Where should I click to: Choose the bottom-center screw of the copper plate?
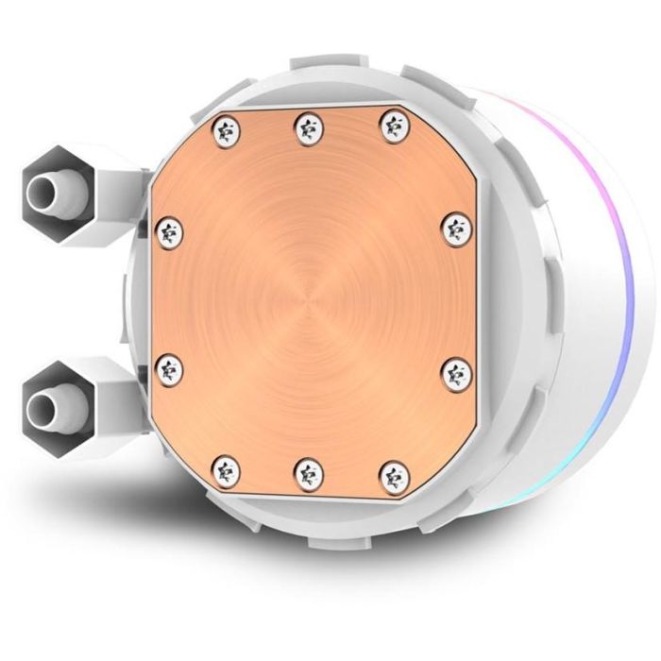307,469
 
